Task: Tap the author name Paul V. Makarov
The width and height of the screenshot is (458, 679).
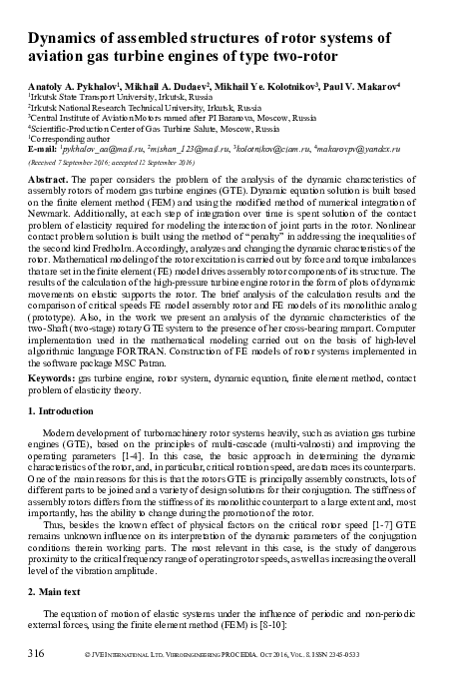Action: [x=363, y=87]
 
